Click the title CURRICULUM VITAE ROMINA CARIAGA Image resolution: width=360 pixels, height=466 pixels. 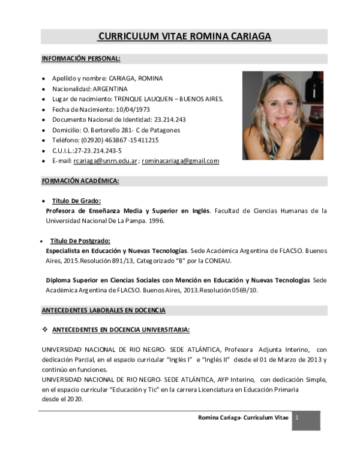(184, 37)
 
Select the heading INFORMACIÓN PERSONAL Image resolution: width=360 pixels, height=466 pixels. (81, 59)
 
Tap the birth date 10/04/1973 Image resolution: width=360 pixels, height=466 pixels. (133, 109)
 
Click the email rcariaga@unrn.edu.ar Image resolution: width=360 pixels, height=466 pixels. (106, 161)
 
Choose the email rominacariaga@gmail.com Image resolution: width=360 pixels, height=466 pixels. (180, 161)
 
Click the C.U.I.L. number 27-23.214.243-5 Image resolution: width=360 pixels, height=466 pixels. (95, 151)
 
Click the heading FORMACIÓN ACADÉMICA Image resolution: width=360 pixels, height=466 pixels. (80, 181)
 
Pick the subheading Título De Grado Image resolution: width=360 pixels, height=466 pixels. (76, 201)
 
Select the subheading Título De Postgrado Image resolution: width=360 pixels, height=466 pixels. (80, 240)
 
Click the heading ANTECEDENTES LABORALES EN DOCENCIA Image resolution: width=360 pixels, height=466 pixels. (103, 310)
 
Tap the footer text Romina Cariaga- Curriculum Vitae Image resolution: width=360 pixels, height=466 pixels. (243, 417)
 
